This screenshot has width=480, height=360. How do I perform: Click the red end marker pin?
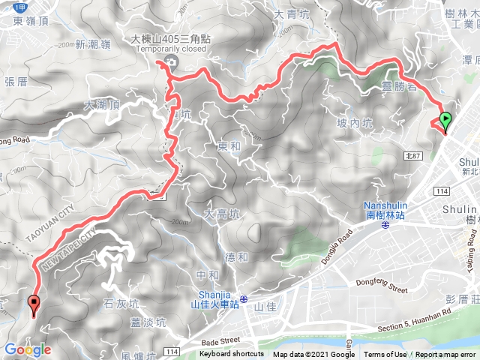[34, 304]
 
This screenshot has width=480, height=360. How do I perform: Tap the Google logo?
[27, 349]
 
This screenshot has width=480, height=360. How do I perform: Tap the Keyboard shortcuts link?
[231, 355]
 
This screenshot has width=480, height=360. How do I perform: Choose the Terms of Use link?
[385, 355]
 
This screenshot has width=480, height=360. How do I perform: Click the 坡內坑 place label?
[355, 124]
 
